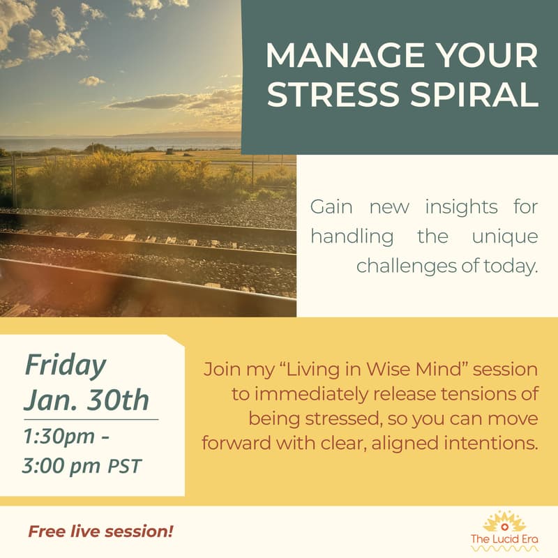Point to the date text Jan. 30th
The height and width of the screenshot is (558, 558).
coord(86,401)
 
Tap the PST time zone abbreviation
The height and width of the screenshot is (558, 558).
coord(124,465)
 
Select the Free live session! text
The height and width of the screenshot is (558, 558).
coord(100,532)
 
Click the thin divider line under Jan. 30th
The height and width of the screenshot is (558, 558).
coord(91,420)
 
